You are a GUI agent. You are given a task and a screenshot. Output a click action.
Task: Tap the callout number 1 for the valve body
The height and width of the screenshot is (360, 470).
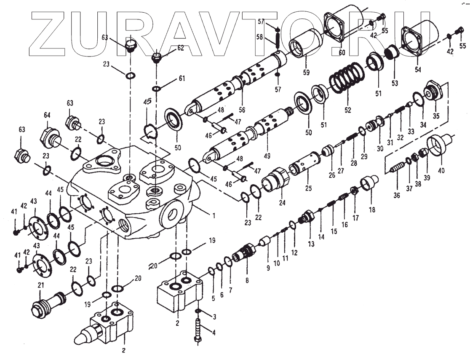click(214, 215)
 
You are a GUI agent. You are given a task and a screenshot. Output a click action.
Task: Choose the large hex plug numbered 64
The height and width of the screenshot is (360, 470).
click(50, 136)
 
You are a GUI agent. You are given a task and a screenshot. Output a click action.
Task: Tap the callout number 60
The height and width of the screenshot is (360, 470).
click(342, 53)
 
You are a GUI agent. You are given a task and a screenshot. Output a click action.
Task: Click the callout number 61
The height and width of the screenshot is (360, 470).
click(182, 78)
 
